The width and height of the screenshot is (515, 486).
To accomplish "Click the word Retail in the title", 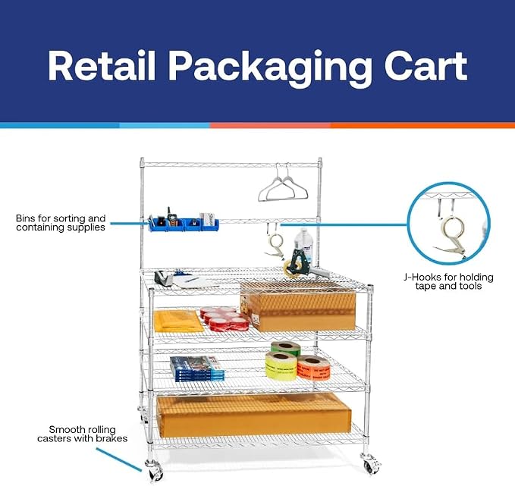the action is click(101, 66).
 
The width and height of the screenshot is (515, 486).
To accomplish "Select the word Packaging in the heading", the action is click(269, 69).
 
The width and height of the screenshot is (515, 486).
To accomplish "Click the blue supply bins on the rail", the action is click(184, 224).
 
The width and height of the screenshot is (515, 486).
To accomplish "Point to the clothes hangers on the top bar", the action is click(283, 185).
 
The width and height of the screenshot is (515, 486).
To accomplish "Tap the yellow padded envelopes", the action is click(178, 321).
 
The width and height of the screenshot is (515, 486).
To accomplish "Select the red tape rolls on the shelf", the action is click(225, 318).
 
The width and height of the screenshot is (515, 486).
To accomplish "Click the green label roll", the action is click(285, 348).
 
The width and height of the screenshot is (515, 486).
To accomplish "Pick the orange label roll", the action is click(314, 368).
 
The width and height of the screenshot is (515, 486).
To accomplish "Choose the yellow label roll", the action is click(281, 365).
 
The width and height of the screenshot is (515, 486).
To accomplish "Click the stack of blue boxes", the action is click(197, 369).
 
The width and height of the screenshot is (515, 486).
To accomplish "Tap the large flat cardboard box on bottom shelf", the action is click(254, 415).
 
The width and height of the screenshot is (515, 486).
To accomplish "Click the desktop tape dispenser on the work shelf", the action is click(164, 278).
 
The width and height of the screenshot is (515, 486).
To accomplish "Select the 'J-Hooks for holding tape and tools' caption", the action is click(448, 281).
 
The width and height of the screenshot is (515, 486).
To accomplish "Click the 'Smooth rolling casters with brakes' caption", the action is click(82, 434).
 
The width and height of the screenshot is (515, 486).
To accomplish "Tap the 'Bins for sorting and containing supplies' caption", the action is click(61, 223).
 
